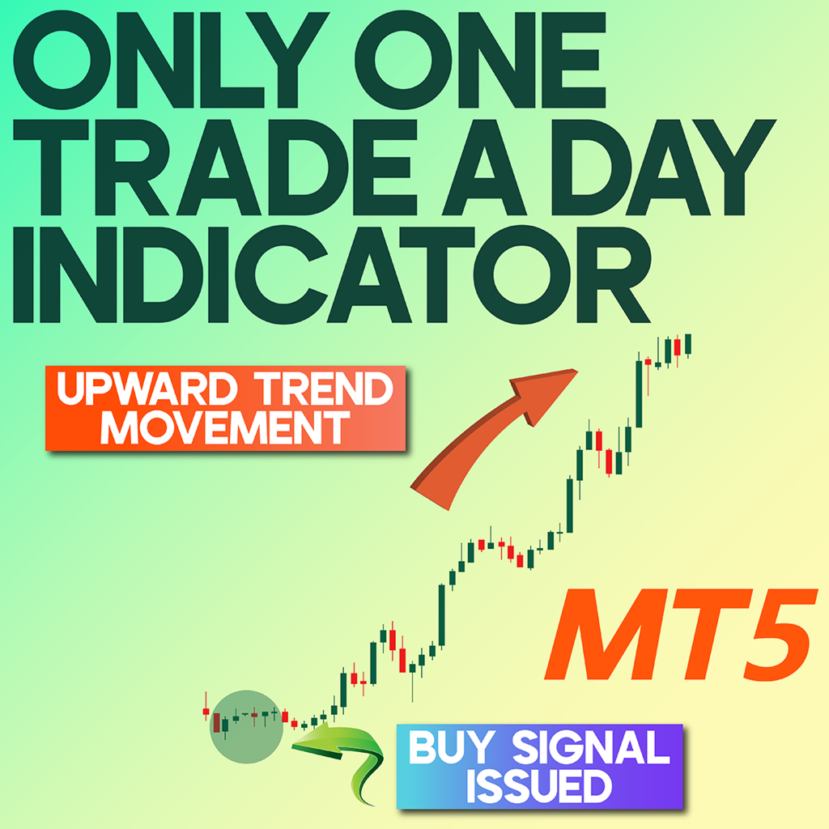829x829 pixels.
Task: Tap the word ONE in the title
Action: [480, 59]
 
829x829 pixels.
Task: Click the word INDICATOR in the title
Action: [332, 275]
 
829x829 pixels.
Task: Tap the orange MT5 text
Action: [682, 635]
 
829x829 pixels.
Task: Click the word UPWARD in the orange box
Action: [147, 389]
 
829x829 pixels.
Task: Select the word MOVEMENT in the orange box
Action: [225, 427]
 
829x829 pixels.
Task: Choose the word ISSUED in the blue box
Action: [539, 785]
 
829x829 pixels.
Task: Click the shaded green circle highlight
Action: [246, 726]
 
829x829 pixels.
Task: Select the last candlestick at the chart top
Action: [688, 345]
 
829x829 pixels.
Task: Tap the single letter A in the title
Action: [484, 167]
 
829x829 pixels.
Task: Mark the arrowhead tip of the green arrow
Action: [292, 746]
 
